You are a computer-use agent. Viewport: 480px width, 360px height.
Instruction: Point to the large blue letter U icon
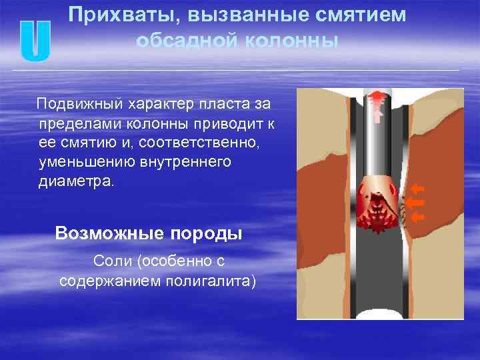point(35,42)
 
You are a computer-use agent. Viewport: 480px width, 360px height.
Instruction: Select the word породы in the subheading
point(208,233)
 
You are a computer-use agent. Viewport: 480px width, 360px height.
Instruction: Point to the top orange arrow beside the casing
point(418,189)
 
